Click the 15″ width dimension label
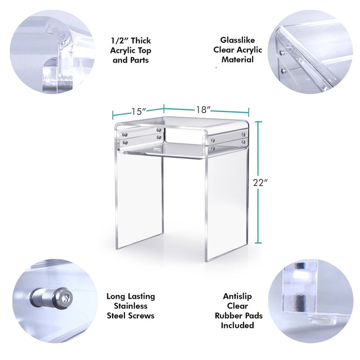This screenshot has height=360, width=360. (139, 112)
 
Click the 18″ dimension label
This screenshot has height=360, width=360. (203, 110)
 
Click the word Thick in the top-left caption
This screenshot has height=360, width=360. (141, 41)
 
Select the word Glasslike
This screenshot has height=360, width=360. (238, 40)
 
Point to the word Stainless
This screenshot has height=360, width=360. (131, 306)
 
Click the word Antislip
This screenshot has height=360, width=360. (238, 296)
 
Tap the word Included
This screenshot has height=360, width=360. (238, 325)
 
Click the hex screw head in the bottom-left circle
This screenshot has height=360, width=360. (66, 298)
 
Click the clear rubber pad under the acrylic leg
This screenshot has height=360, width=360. (322, 320)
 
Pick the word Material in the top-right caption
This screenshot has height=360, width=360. (238, 60)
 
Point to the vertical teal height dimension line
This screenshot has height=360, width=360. (259, 182)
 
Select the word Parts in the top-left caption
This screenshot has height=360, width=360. (139, 60)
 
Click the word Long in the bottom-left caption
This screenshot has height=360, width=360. (116, 297)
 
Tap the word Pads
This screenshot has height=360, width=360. (252, 315)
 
